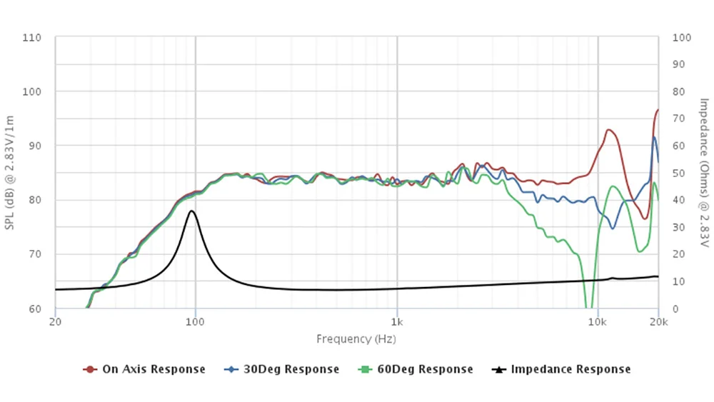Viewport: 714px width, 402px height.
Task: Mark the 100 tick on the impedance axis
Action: coord(681,37)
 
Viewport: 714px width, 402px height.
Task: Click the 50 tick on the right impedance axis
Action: coord(678,173)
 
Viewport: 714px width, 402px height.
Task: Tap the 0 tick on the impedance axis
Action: coord(675,308)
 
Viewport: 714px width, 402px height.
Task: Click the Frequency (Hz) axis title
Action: coord(356,339)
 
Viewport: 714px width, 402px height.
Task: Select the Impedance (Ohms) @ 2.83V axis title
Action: coord(703,173)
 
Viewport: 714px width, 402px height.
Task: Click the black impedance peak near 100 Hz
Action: coord(191,211)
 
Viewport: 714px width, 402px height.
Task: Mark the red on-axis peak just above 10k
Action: coord(608,130)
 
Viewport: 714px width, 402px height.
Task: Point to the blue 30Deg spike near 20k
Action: coord(654,138)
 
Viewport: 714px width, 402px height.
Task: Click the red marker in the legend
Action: coord(90,369)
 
